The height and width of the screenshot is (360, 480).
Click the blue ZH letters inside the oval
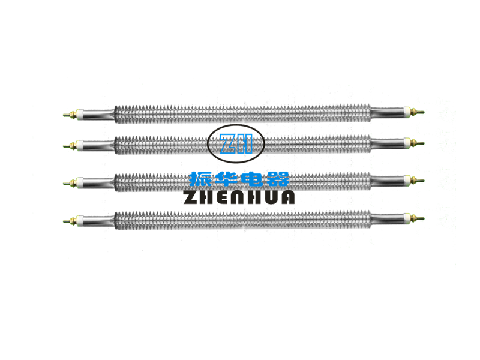(236, 143)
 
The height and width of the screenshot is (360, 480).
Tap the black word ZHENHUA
(239, 197)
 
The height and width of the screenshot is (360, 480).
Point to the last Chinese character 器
(277, 179)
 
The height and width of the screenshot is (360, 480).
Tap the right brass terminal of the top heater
(418, 112)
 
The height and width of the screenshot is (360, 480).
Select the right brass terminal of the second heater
(418, 143)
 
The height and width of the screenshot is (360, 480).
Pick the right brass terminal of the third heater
(418, 180)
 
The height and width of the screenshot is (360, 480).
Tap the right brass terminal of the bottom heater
(418, 218)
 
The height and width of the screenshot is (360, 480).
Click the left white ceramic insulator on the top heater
(80, 114)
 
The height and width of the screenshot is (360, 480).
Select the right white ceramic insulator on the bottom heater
(407, 218)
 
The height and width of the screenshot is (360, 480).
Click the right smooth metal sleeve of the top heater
(387, 112)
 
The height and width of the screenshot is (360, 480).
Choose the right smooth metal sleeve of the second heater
(387, 143)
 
